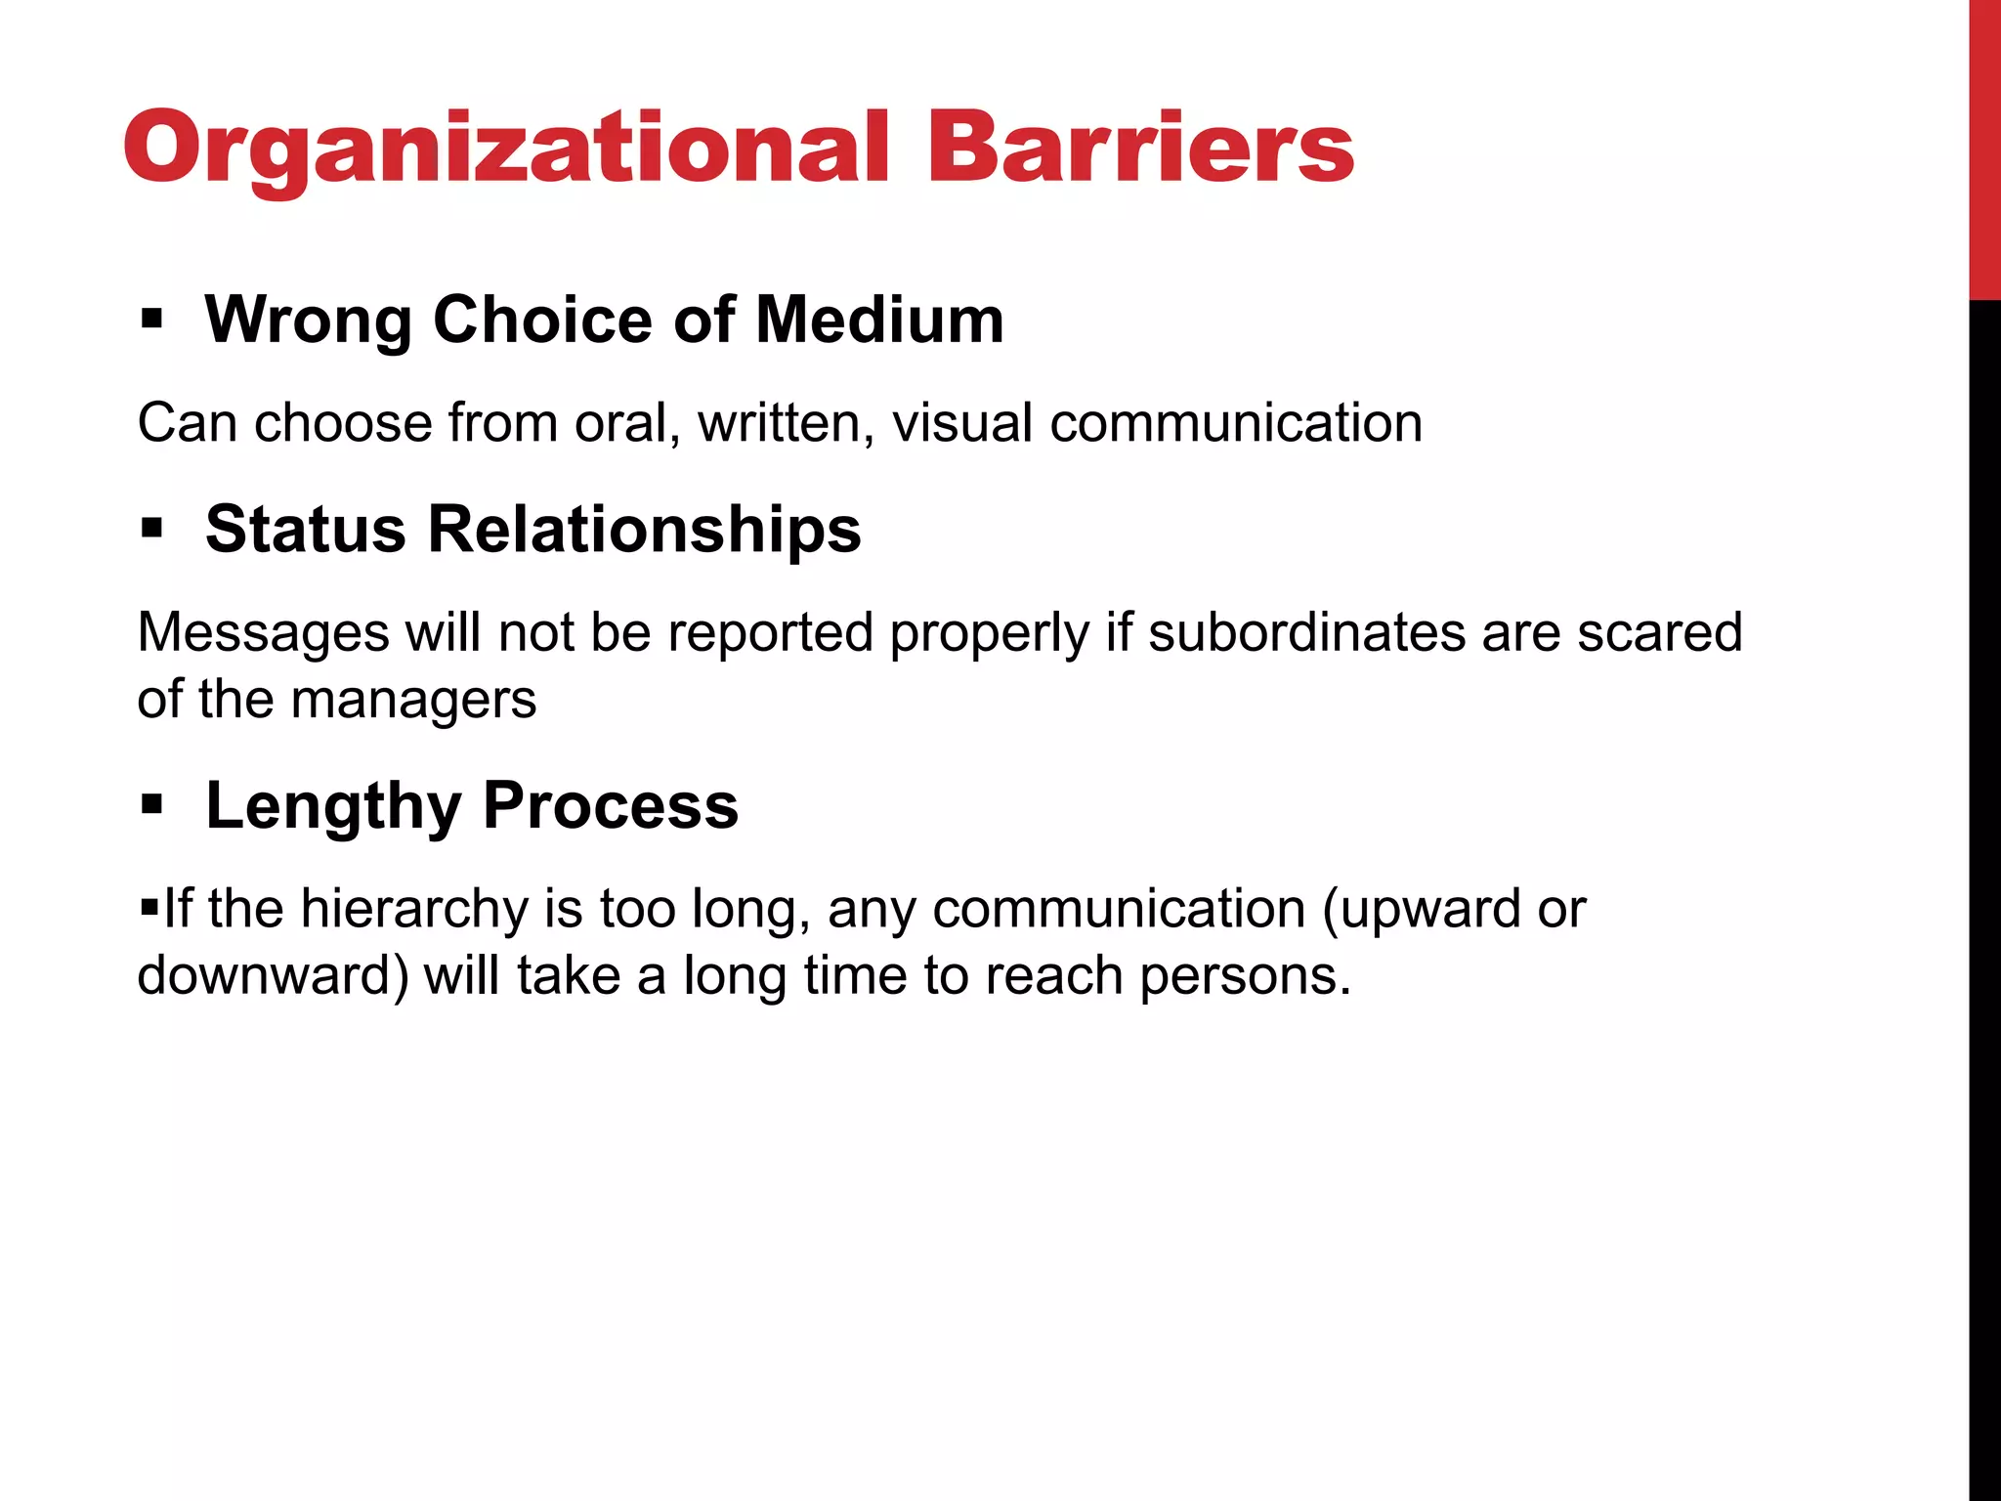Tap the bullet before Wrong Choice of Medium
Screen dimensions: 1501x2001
tap(150, 319)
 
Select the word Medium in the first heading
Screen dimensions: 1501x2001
tap(879, 320)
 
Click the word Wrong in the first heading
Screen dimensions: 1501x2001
tap(308, 320)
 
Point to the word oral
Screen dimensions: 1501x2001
tap(626, 423)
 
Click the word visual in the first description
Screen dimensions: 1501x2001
tap(962, 423)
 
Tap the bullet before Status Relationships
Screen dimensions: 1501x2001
tap(150, 529)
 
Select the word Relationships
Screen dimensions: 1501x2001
tap(644, 529)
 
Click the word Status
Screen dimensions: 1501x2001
tap(305, 529)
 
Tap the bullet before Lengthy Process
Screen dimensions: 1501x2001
tap(150, 805)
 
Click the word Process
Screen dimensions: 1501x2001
tap(610, 805)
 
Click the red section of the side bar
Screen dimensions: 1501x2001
tap(1984, 147)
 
